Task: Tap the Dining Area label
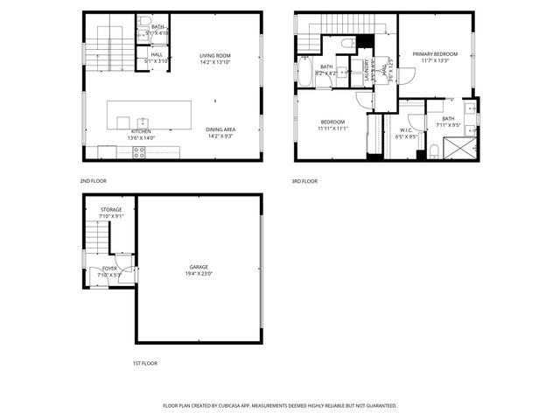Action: pos(220,129)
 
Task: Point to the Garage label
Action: pos(199,267)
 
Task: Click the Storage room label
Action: pos(111,210)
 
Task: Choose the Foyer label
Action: pos(109,269)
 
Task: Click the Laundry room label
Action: pos(366,69)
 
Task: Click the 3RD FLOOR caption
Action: pos(304,181)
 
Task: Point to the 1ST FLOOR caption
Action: pos(144,363)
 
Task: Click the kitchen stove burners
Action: pos(138,152)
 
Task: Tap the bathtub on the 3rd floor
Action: pos(304,73)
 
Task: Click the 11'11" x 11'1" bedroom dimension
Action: pos(332,129)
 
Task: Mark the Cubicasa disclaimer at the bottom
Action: pos(280,406)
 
